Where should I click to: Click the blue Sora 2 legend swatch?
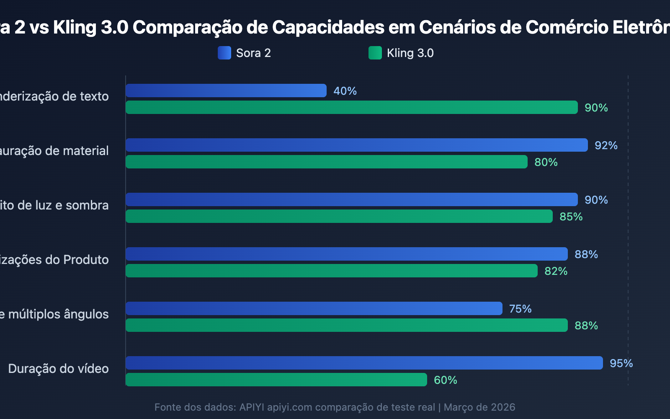(224, 53)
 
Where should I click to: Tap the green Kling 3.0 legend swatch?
(375, 53)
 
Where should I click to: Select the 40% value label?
(345, 91)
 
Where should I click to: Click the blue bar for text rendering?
(226, 91)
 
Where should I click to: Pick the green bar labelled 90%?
(352, 107)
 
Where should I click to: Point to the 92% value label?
(606, 145)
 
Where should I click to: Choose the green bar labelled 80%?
(327, 162)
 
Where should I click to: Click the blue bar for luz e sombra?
(352, 199)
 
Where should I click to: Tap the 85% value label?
(571, 217)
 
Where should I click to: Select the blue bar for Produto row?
(347, 254)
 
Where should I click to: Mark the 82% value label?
(556, 271)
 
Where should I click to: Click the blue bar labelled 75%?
(314, 308)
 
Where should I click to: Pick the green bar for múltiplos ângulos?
(347, 325)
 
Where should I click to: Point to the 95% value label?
(621, 363)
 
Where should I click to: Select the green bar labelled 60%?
(276, 380)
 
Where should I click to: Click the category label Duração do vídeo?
(58, 369)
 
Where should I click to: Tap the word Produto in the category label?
(86, 260)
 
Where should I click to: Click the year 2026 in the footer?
(503, 407)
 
